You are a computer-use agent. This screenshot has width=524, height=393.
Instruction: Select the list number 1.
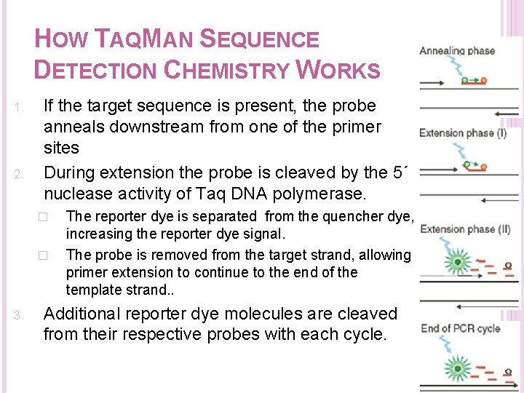pos(20,109)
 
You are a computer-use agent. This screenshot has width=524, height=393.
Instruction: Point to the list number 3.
pos(20,316)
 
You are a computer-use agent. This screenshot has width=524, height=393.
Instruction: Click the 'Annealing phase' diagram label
pos(457,51)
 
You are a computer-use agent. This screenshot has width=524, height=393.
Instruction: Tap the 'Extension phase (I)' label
pos(463,133)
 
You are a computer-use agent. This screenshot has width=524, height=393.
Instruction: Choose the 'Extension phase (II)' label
pos(465,230)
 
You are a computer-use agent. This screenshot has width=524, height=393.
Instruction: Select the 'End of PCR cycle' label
pos(460,328)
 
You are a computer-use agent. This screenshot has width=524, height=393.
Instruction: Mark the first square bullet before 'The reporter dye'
pos(43,217)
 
